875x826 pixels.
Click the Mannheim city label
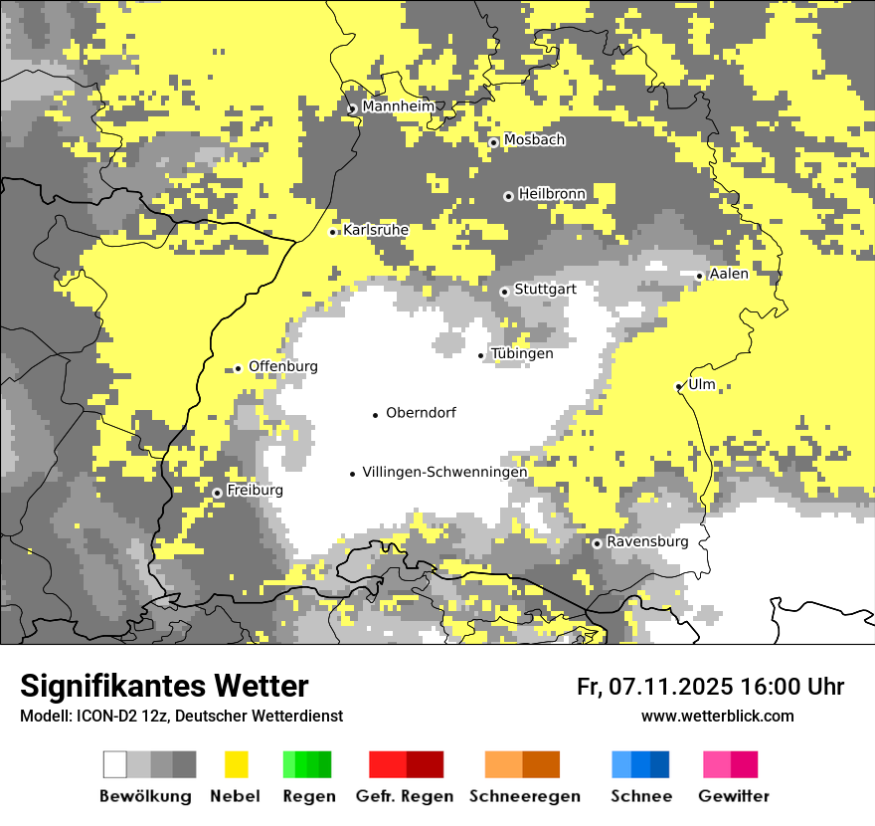(x=398, y=105)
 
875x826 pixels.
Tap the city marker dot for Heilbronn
(x=508, y=196)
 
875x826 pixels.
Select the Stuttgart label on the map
(x=545, y=290)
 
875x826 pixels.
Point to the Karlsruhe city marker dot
(x=333, y=232)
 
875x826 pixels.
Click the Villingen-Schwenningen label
(x=443, y=472)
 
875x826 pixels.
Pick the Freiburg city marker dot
(x=217, y=493)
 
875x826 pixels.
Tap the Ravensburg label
(x=647, y=541)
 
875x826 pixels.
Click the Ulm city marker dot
(x=679, y=386)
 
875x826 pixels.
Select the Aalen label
(x=729, y=274)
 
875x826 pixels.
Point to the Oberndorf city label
(x=421, y=412)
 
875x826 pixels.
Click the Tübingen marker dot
(x=481, y=355)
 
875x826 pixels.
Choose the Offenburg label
(x=282, y=366)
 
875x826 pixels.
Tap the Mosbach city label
(x=534, y=140)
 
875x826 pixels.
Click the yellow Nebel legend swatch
(x=236, y=764)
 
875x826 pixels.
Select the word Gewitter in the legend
(x=733, y=796)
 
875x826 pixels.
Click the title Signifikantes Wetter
(x=164, y=686)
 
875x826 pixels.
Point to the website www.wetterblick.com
(x=717, y=716)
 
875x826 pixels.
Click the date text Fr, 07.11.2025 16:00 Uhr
(x=710, y=687)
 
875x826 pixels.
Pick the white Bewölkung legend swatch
(x=115, y=764)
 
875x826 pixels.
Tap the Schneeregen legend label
(x=524, y=796)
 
